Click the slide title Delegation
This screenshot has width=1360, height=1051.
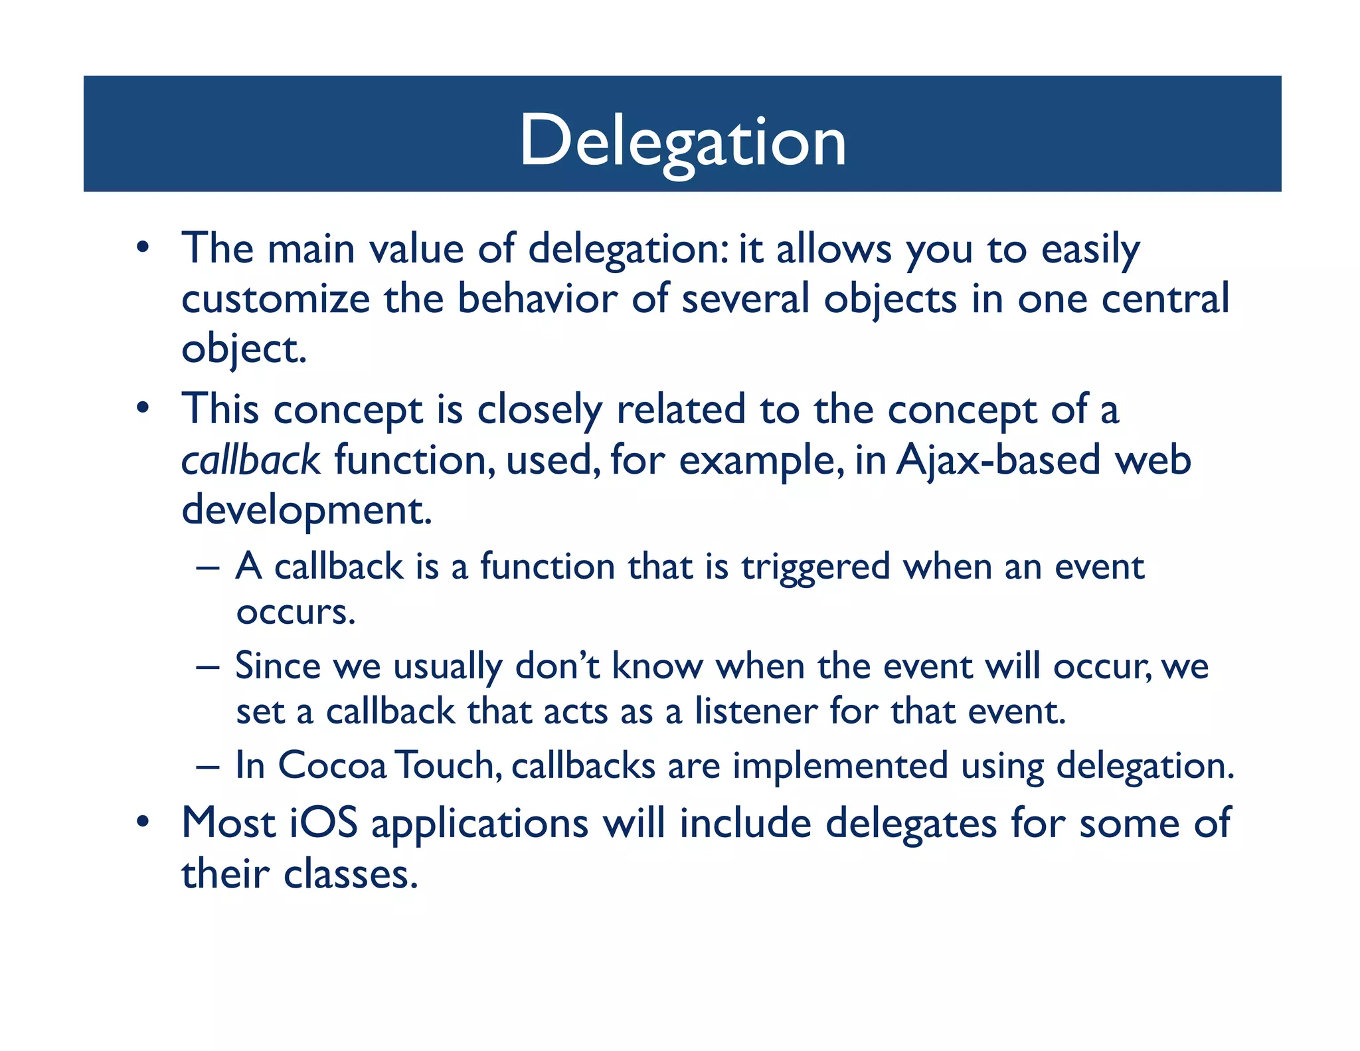682,141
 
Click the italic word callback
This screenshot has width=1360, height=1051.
250,460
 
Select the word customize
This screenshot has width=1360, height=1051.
275,299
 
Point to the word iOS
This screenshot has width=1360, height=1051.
323,823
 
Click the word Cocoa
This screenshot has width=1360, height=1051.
331,765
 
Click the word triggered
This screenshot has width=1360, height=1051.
815,568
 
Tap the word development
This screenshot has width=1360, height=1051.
306,510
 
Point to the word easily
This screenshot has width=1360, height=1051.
1090,250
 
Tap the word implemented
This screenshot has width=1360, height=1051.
840,766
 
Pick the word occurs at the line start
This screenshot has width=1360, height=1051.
296,613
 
